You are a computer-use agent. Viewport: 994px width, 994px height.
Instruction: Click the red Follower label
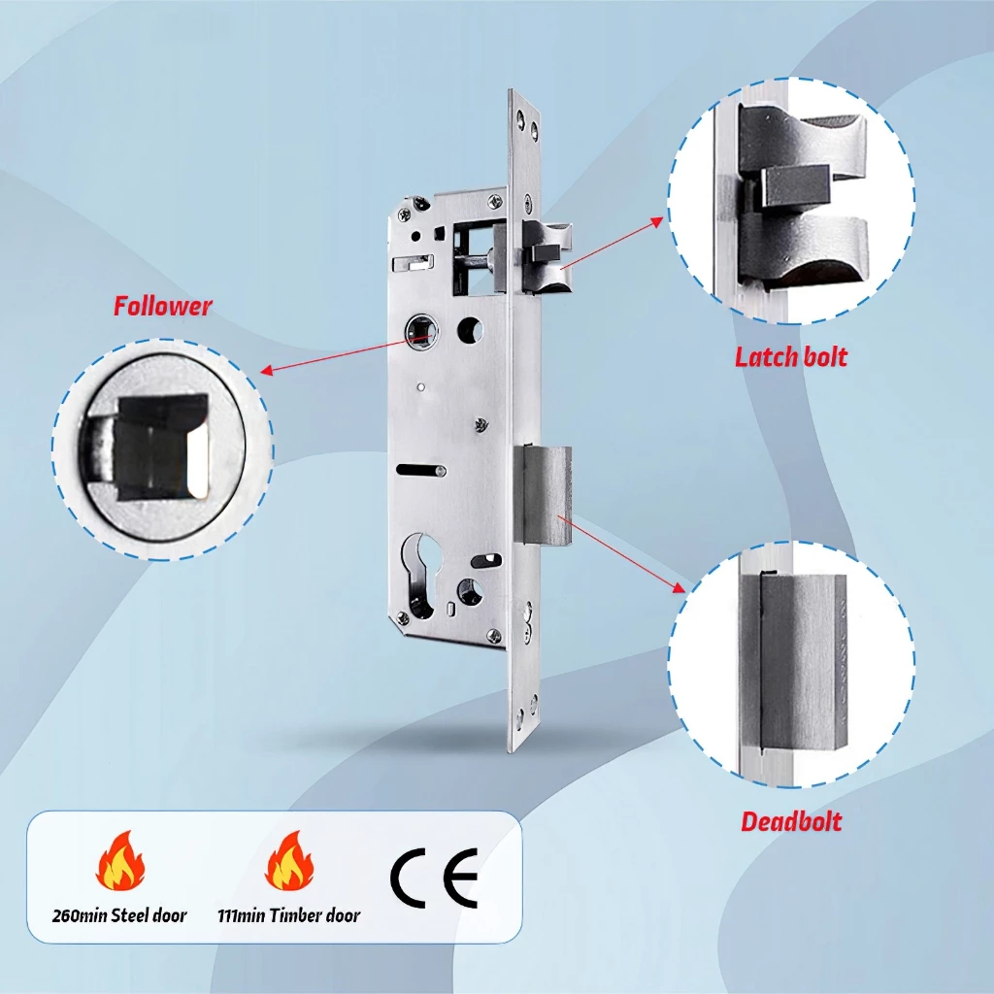pyautogui.click(x=162, y=306)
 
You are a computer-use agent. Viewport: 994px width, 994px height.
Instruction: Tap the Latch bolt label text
pyautogui.click(x=791, y=357)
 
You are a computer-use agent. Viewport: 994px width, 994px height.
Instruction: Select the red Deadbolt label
pyautogui.click(x=791, y=821)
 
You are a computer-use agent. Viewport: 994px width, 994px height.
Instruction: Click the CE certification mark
pyautogui.click(x=434, y=878)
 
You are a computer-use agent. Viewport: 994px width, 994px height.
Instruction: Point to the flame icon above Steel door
pyautogui.click(x=120, y=861)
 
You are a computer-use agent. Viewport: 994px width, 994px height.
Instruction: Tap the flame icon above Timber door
pyautogui.click(x=289, y=861)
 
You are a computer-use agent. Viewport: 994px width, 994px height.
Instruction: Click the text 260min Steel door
pyautogui.click(x=119, y=915)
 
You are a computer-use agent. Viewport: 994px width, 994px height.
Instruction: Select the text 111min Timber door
pyautogui.click(x=288, y=915)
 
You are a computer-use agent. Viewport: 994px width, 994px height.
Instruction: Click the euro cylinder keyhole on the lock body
pyautogui.click(x=419, y=575)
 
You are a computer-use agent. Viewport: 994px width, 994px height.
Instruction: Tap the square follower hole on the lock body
pyautogui.click(x=421, y=332)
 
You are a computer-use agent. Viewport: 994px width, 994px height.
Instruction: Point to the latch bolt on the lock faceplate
pyautogui.click(x=547, y=255)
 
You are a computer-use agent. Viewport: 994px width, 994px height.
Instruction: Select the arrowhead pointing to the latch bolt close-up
pyautogui.click(x=657, y=221)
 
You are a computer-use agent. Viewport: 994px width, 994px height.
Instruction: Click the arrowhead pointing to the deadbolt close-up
pyautogui.click(x=679, y=587)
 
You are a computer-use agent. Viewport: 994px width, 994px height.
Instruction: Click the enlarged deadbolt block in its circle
pyautogui.click(x=794, y=662)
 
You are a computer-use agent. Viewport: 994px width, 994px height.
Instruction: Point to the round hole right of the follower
pyautogui.click(x=470, y=330)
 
